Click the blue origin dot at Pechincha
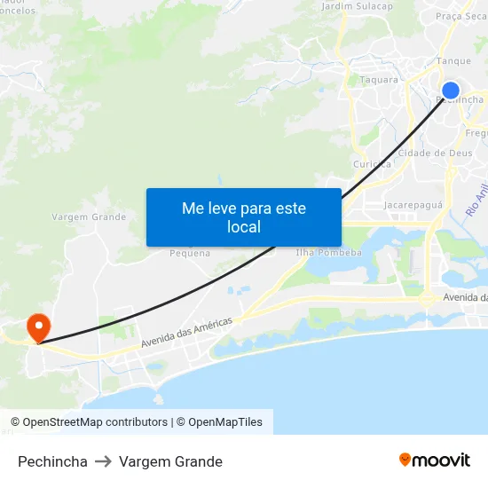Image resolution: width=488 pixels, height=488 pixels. pos(451,90)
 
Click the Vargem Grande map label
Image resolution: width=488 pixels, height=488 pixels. pos(89,216)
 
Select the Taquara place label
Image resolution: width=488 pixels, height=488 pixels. pos(379,80)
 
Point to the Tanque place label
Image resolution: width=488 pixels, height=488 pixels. pos(453,62)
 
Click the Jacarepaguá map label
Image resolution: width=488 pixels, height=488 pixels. pos(413,205)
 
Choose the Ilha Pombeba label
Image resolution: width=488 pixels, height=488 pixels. pos(328,253)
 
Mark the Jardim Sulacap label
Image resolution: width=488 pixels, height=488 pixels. pos(357,6)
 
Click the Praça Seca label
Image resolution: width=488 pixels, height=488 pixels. pos(460,16)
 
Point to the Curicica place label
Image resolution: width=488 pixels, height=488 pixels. pos(372,164)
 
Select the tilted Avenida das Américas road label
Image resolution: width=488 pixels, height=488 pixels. pos(186,332)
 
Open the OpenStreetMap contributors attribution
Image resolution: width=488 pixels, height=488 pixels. pos(95,422)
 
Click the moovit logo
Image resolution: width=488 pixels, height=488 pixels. pos(435,460)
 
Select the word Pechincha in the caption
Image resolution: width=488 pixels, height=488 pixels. pos(52,461)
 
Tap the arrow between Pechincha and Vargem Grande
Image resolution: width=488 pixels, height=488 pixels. pos(103,461)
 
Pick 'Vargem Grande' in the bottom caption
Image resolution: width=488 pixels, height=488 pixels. pos(170,461)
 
